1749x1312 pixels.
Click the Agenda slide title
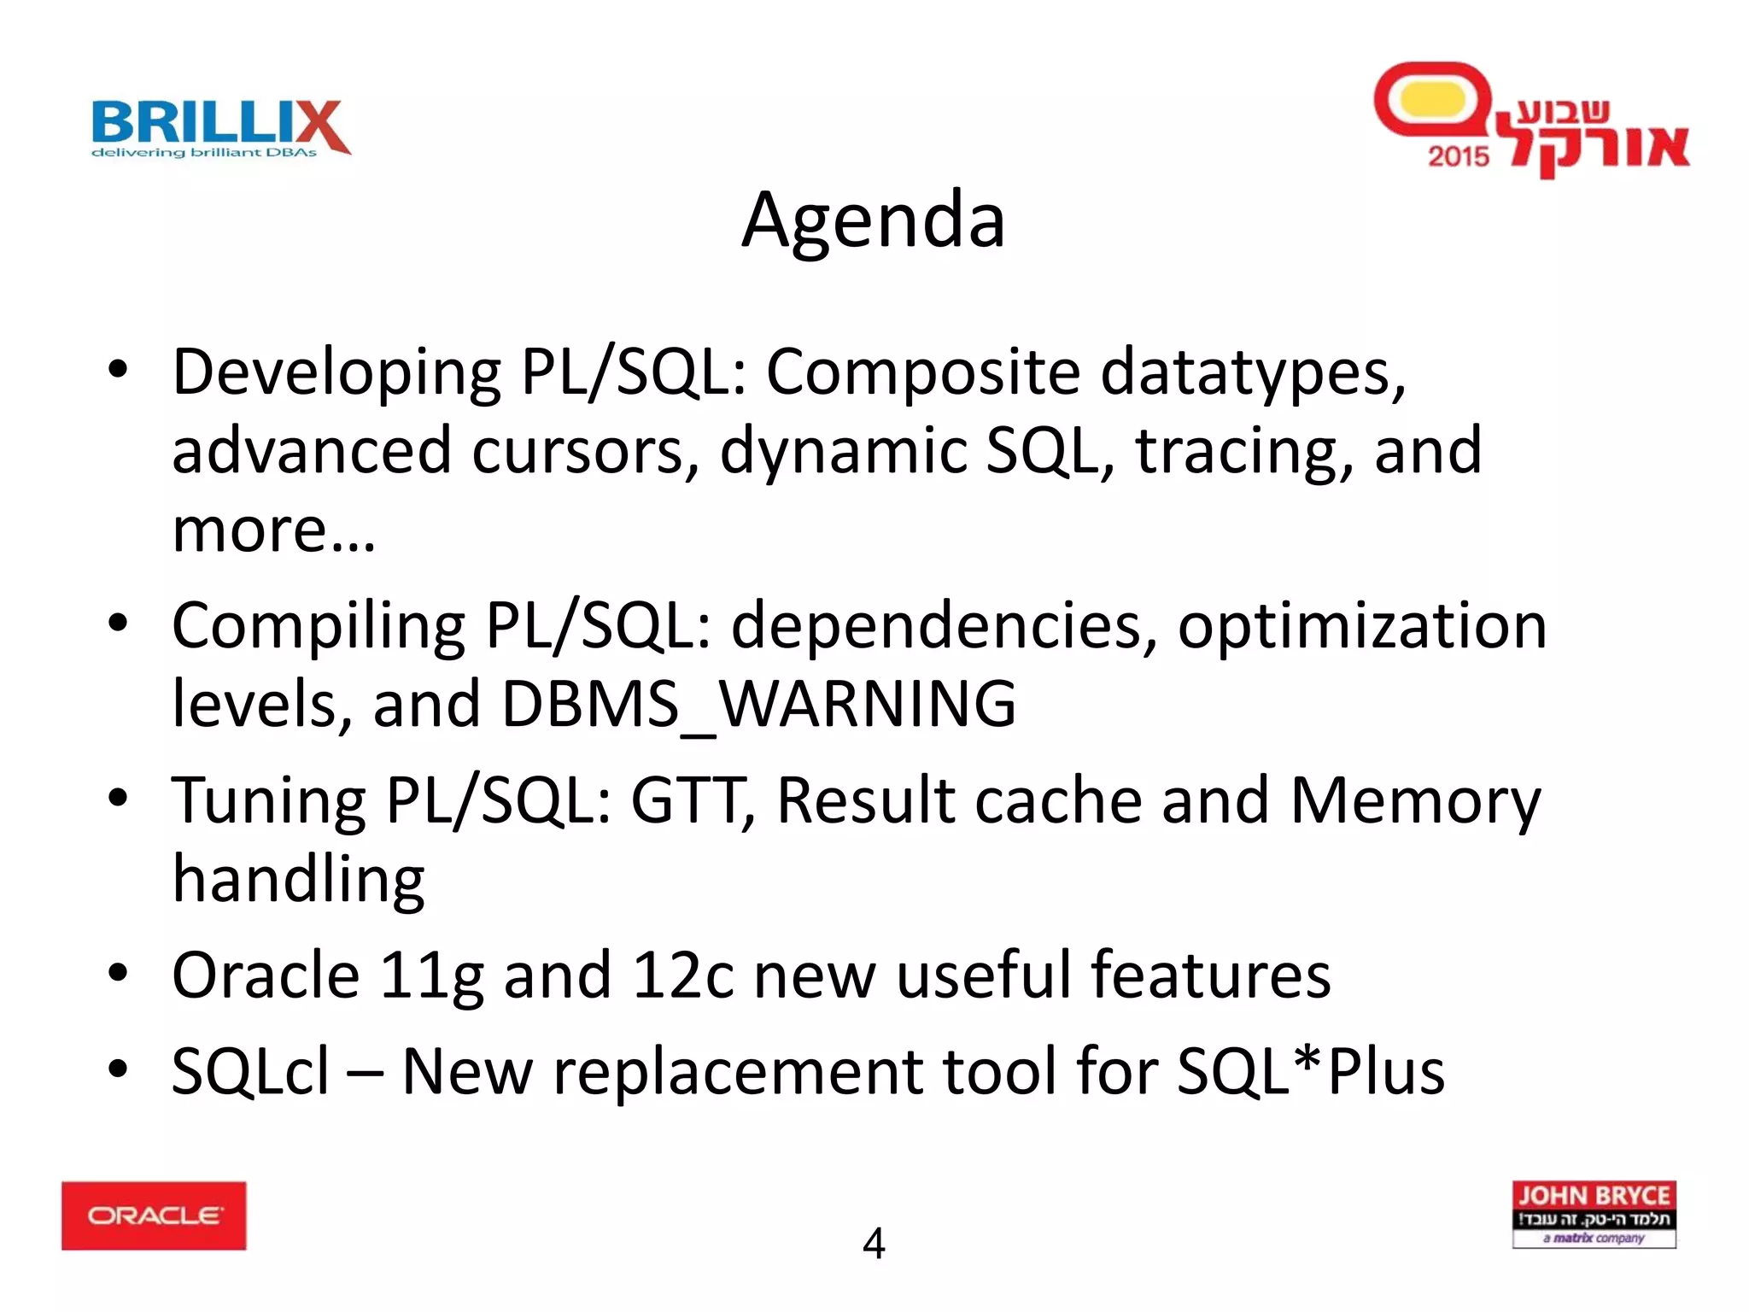click(x=874, y=220)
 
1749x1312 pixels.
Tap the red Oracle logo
click(x=154, y=1215)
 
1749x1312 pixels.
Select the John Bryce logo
click(x=1594, y=1215)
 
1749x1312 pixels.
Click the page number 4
click(x=874, y=1244)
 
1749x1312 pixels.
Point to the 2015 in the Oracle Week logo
click(x=1459, y=156)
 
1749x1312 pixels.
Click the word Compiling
click(x=318, y=627)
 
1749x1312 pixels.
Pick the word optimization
click(x=1362, y=627)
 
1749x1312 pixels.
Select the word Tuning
click(x=269, y=802)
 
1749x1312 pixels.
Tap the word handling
click(x=298, y=881)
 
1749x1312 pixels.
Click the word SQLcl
click(x=250, y=1071)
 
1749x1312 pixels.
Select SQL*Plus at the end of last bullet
click(x=1310, y=1071)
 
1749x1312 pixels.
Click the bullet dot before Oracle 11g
click(x=118, y=972)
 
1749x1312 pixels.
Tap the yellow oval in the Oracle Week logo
click(x=1433, y=100)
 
